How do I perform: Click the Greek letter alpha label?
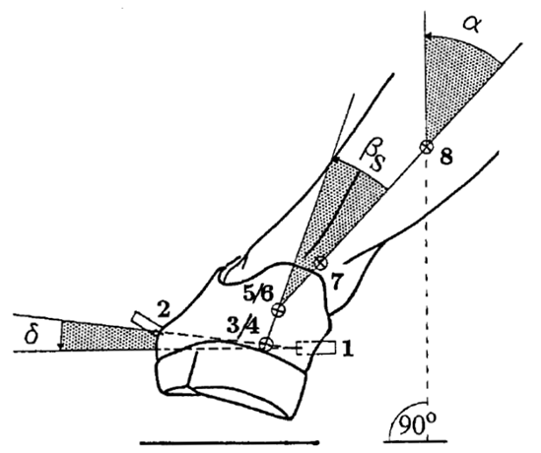coord(472,25)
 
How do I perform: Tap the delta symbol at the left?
coord(32,334)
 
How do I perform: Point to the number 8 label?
coord(446,158)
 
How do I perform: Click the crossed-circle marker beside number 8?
coord(427,147)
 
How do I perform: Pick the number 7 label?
coord(337,281)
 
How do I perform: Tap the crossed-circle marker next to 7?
coord(321,264)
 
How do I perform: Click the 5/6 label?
coord(258,294)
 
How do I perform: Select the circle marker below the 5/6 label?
coord(279,310)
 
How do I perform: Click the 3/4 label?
coord(242,326)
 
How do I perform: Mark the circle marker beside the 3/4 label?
coord(266,344)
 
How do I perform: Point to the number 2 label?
coord(164,309)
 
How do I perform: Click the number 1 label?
coord(348,349)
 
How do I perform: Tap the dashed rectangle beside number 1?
coord(316,348)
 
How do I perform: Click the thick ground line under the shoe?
coord(229,442)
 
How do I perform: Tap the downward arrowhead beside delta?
coord(61,346)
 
